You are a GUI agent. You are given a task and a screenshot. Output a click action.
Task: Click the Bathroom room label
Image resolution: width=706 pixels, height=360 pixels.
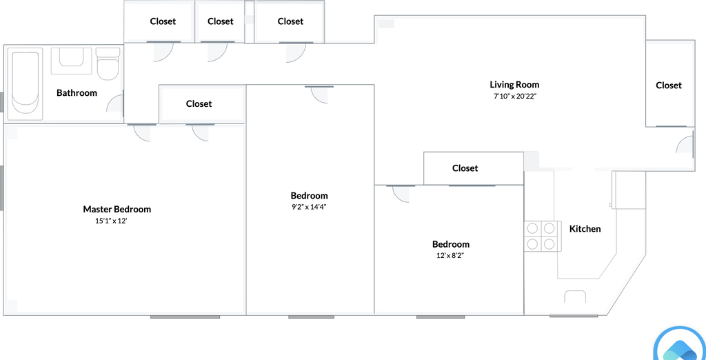(77, 93)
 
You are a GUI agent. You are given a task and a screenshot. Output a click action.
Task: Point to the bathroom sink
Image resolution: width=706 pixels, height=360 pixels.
(71, 61)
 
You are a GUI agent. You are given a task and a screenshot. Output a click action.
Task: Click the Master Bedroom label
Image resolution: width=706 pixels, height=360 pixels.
(117, 209)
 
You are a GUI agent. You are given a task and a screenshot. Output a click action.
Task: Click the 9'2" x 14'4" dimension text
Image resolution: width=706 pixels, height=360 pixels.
(309, 208)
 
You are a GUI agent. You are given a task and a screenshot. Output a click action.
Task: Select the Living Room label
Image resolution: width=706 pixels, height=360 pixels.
(514, 85)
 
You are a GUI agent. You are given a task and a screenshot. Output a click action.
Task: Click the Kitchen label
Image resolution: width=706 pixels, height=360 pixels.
(585, 229)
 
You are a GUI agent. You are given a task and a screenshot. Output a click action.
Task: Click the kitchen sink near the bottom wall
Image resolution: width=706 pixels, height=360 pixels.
(575, 296)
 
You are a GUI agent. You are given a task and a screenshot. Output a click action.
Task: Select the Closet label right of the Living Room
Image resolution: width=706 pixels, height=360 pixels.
(669, 85)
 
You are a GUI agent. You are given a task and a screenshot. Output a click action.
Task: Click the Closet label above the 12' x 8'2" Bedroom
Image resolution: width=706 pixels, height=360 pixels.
(465, 168)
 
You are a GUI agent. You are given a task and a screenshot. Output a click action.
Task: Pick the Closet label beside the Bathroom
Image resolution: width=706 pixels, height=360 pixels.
(199, 103)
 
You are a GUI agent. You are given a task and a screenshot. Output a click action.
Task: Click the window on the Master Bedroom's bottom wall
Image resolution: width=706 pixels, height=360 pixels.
(185, 317)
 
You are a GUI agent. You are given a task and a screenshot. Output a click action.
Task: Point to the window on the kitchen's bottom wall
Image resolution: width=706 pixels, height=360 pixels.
(567, 315)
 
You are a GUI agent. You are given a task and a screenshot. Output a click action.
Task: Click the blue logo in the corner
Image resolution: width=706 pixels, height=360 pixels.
(680, 346)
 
